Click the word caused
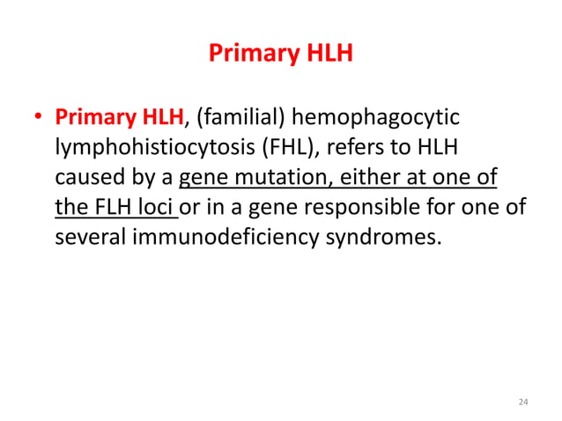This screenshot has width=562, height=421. (85, 179)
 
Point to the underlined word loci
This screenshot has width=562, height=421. (159, 209)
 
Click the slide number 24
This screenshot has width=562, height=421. (523, 403)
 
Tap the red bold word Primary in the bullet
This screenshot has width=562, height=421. (91, 117)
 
